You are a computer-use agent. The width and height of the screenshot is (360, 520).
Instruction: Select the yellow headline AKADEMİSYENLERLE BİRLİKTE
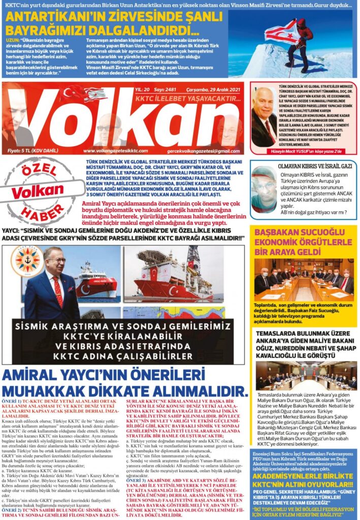point(304,476)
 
